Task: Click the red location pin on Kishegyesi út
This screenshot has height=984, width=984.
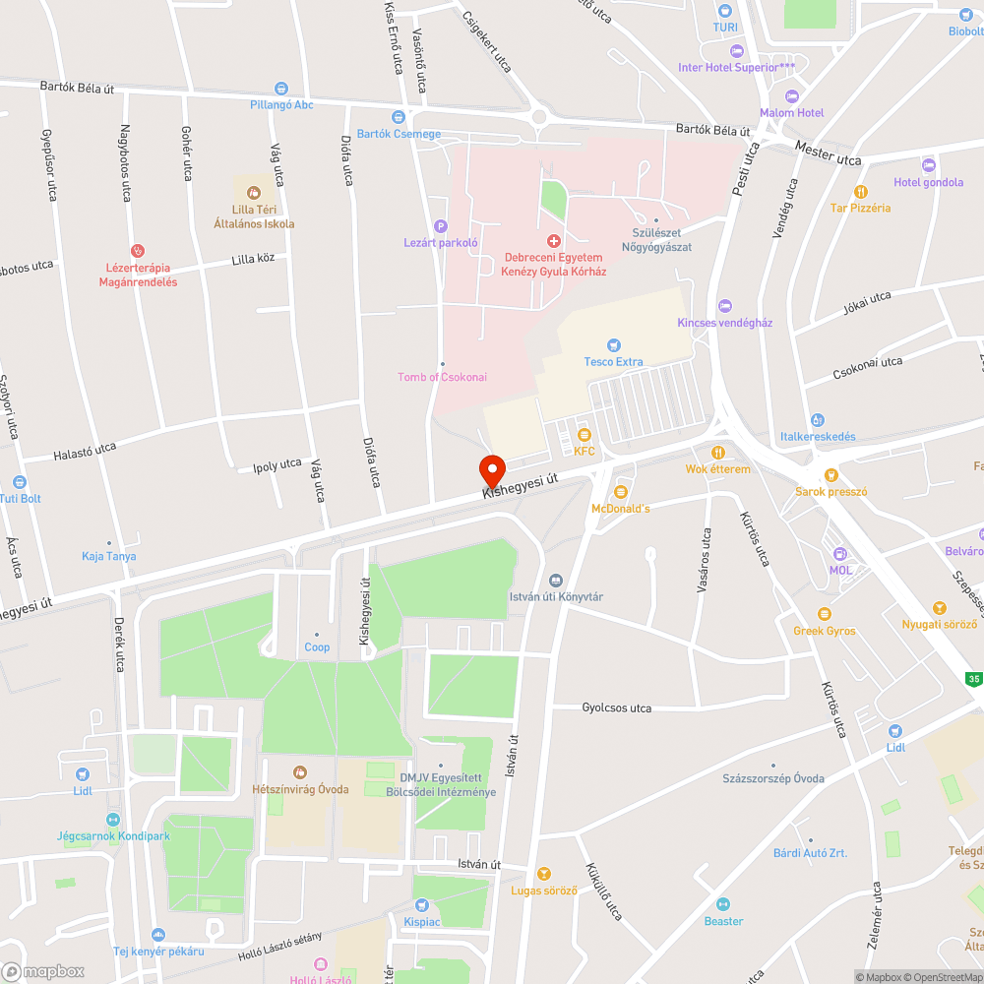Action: (x=491, y=468)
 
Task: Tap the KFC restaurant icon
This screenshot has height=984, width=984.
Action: (x=584, y=435)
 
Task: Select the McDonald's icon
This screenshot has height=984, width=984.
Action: (x=621, y=492)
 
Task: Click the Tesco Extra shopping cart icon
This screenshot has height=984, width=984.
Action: (x=614, y=345)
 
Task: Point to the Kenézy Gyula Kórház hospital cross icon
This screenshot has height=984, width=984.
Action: (x=554, y=241)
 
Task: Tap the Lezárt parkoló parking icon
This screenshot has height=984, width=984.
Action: (x=441, y=226)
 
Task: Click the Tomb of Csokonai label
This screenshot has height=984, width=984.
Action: (x=442, y=377)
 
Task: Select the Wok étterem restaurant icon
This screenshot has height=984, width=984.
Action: (x=718, y=453)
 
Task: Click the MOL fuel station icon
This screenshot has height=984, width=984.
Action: (x=839, y=554)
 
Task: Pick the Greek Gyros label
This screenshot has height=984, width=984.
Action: (x=825, y=631)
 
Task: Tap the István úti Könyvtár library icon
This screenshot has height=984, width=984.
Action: (x=556, y=581)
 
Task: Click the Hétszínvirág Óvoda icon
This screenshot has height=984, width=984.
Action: (x=300, y=772)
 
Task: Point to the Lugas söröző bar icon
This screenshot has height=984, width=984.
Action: (x=544, y=874)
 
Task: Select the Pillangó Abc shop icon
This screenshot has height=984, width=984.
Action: (x=281, y=89)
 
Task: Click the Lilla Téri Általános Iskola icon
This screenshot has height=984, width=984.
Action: (x=254, y=193)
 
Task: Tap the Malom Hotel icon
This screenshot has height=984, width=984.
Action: (x=792, y=96)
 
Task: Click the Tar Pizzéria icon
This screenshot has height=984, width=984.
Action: (x=861, y=192)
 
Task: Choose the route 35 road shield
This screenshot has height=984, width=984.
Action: (x=974, y=678)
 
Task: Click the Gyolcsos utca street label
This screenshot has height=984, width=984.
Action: (x=616, y=708)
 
